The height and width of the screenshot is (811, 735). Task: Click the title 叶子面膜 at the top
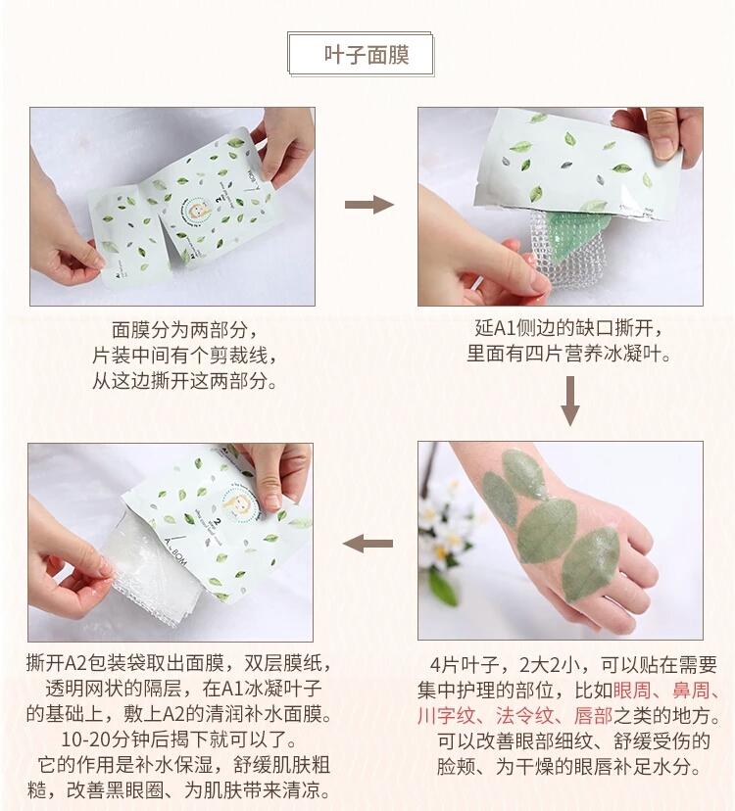click(x=366, y=54)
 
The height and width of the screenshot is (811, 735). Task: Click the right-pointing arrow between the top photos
click(x=367, y=205)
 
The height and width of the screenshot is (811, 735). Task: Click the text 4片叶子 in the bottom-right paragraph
click(x=462, y=664)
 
